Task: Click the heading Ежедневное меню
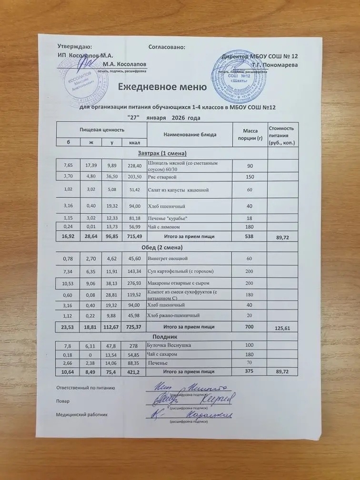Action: tap(162, 87)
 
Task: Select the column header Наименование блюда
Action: tap(190, 134)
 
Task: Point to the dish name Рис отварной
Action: tap(162, 177)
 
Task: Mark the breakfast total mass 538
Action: tap(250, 235)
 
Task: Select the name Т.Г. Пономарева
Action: tap(275, 64)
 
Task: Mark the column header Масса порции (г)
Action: tap(250, 134)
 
